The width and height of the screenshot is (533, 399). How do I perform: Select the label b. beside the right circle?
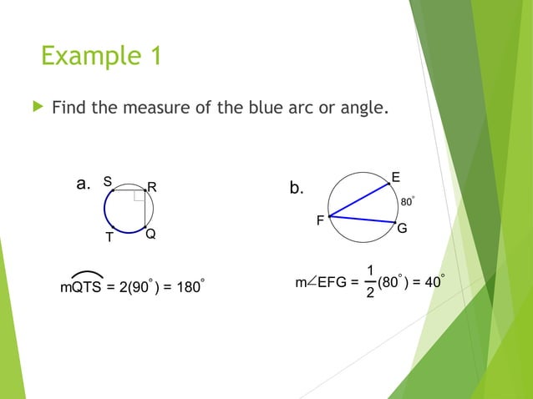coord(297,189)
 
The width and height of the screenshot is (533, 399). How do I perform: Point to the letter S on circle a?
coord(107,180)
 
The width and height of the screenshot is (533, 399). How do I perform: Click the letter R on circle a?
coord(153,185)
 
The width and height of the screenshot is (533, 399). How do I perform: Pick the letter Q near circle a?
coord(150,235)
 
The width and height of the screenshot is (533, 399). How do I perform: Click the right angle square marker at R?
coord(139,196)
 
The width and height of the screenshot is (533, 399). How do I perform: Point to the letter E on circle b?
coord(395,176)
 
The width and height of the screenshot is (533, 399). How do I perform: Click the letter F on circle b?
coord(320,221)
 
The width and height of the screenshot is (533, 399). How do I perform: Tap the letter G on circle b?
coord(402,228)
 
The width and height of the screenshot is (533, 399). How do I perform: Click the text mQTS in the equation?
coord(81,287)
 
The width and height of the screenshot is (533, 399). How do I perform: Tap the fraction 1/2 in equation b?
coord(370,282)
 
